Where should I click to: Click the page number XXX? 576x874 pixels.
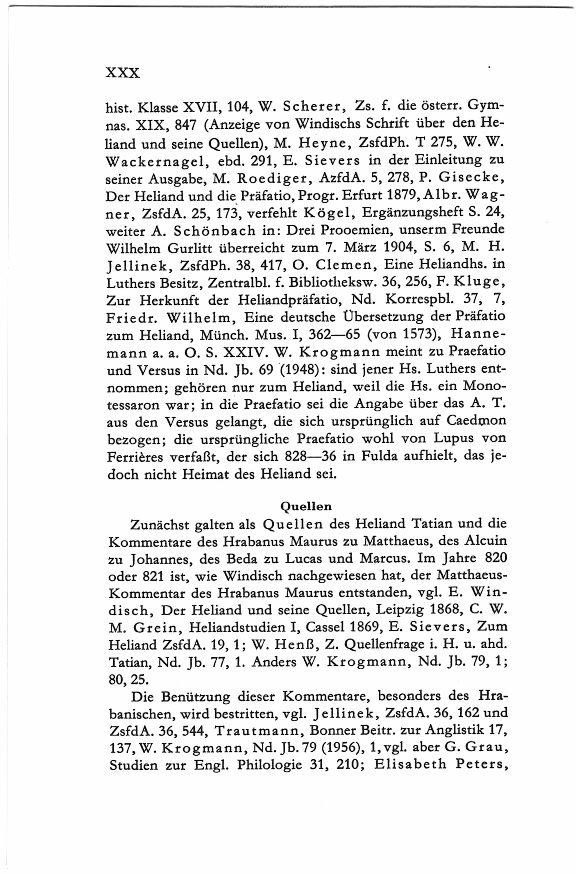(123, 73)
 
